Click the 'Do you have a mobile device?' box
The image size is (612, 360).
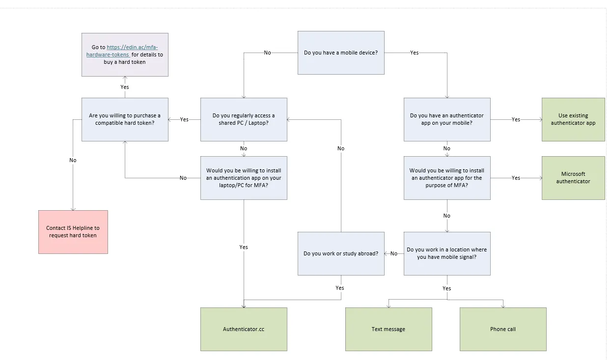tap(341, 53)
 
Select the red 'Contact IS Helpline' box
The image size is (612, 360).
tap(73, 232)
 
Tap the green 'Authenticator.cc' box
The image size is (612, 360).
tap(244, 329)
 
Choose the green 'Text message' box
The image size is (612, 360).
tap(389, 329)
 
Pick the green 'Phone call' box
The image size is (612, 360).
tap(503, 329)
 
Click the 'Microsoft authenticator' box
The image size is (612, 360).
tap(573, 178)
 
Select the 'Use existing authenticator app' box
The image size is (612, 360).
tap(573, 119)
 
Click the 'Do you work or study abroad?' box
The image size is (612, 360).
tap(341, 253)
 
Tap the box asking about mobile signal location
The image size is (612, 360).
tap(447, 253)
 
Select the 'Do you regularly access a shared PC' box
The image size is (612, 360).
tap(244, 119)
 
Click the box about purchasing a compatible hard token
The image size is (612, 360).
tap(125, 119)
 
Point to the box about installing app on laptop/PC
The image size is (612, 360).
tap(244, 178)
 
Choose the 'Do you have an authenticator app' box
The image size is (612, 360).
tap(447, 119)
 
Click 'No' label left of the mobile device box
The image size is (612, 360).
tap(267, 53)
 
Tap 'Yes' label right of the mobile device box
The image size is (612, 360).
tap(415, 53)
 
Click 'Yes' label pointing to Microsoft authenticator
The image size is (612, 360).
tap(516, 178)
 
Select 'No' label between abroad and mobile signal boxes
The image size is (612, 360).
tap(394, 253)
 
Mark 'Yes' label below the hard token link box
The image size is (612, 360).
tap(125, 87)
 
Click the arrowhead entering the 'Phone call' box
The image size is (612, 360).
tap(503, 306)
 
